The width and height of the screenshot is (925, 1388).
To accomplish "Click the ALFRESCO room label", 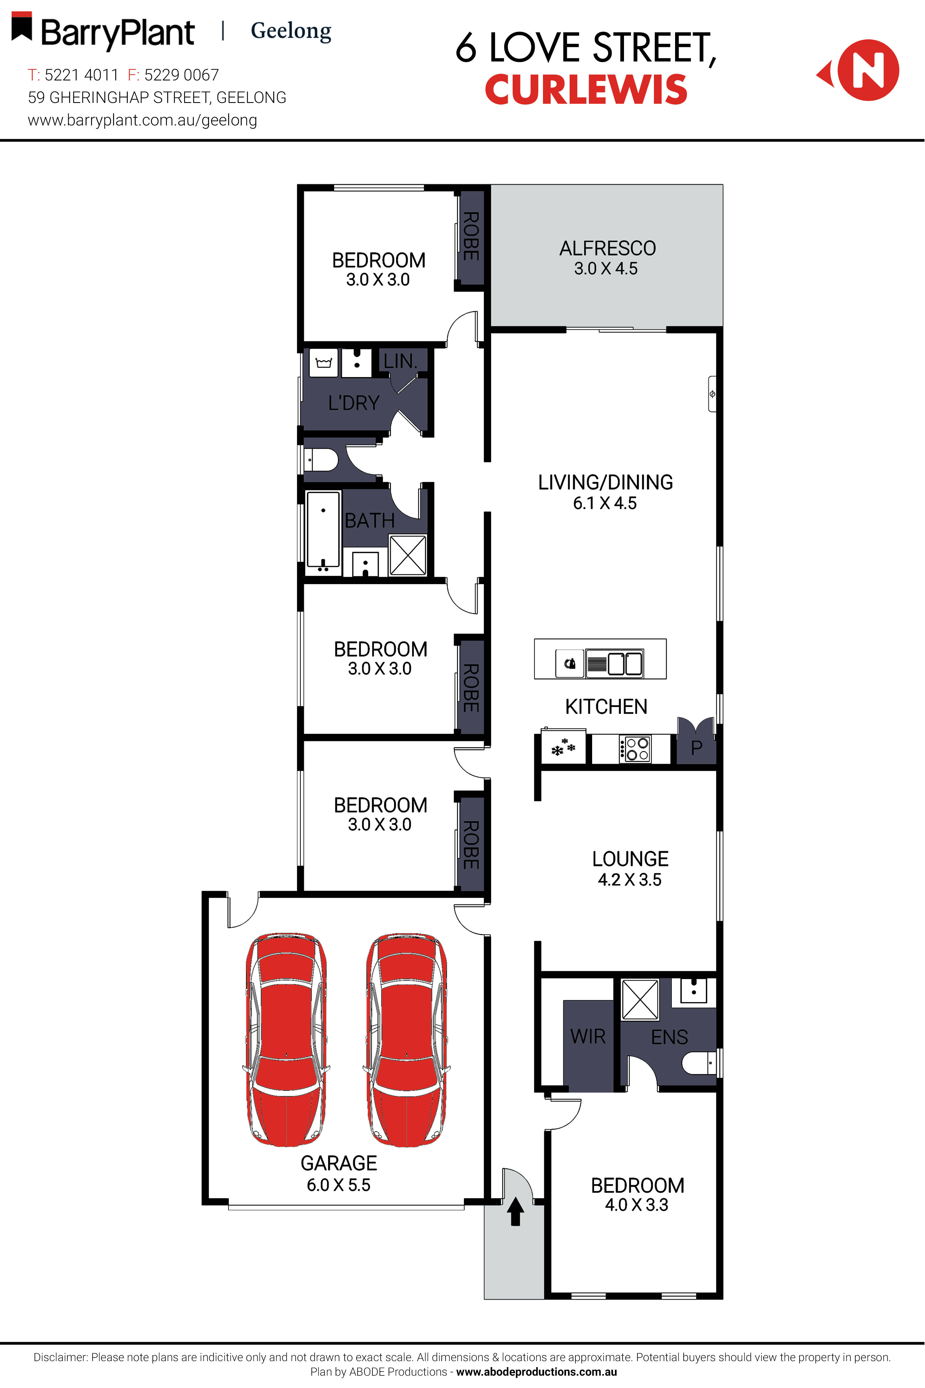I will click(607, 248).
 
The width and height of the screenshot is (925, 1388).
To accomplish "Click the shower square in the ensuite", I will click(640, 999).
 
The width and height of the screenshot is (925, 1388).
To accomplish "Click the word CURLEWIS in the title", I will click(586, 90).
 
